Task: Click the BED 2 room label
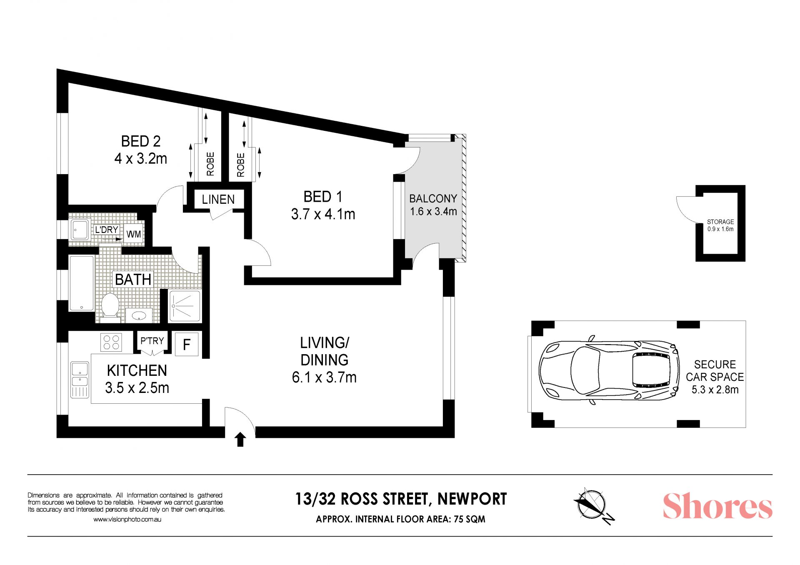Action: point(141,141)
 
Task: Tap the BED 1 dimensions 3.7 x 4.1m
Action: point(323,214)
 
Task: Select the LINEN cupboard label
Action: point(218,200)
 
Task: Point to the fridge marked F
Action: point(187,344)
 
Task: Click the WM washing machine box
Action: point(134,234)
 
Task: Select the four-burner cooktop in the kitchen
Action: point(111,342)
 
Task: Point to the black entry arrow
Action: point(240,440)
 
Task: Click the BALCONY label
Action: point(433,198)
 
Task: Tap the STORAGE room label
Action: point(720,222)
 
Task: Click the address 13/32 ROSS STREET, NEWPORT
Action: point(401,499)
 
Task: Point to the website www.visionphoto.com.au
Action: point(127,520)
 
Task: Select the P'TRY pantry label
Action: point(152,341)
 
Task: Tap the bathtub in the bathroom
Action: point(82,283)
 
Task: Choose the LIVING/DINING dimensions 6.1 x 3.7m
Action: point(324,377)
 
